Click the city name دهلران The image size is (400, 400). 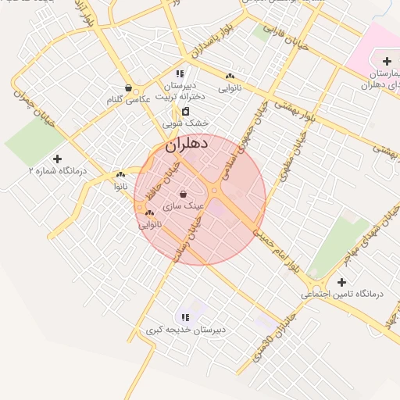point(187,145)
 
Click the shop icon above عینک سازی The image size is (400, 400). point(183,194)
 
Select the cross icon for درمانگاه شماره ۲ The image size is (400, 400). point(57,159)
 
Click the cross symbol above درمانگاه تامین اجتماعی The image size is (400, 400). point(341,282)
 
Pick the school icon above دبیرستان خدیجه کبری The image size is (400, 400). point(185,317)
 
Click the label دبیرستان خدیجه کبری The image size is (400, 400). point(185,330)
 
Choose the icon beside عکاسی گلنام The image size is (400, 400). point(128,88)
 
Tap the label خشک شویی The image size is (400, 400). point(186,123)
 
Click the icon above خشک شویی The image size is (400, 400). point(186,112)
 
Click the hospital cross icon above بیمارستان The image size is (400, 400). point(387,61)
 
